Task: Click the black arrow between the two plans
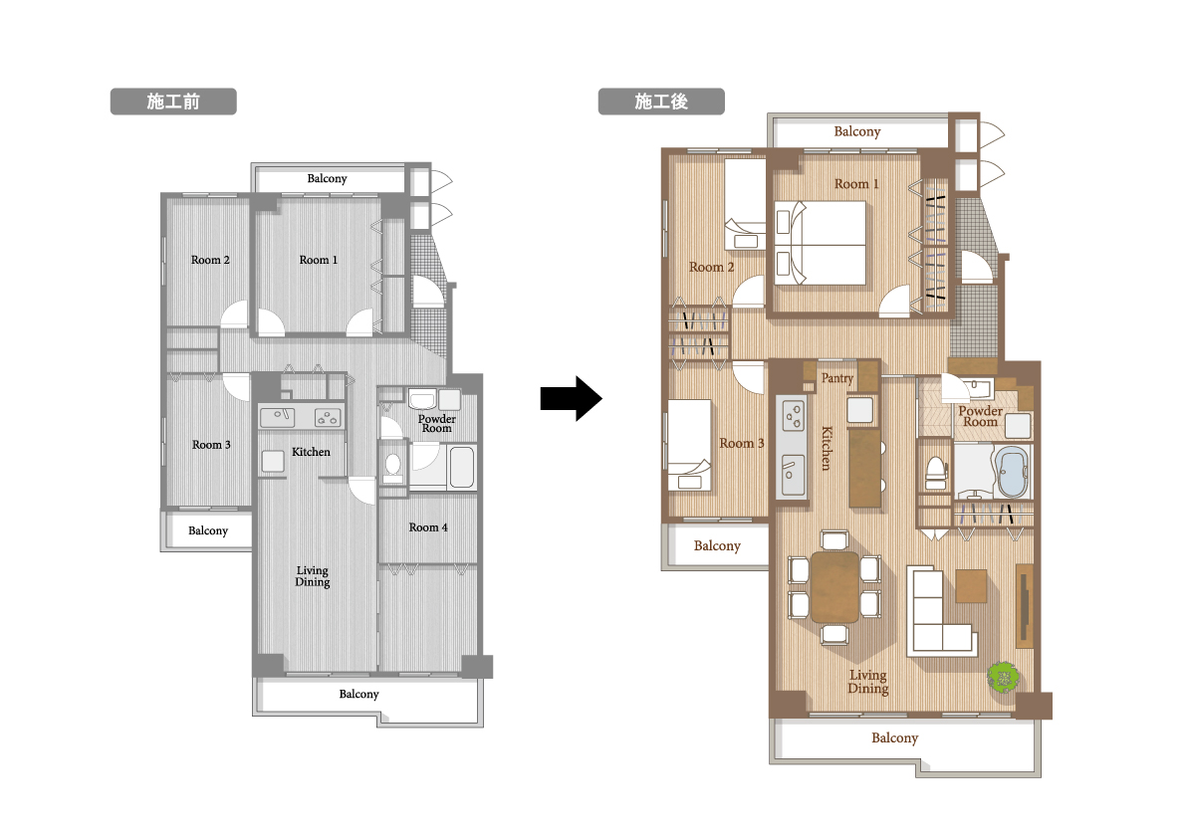point(572,398)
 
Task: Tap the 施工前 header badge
point(173,102)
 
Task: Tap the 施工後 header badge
point(661,102)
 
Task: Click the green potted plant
point(1003,675)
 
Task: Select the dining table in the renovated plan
point(834,587)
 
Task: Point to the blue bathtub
point(1011,472)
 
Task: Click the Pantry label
point(837,378)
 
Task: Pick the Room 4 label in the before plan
point(428,527)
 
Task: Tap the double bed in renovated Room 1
point(820,243)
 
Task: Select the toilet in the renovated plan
point(936,474)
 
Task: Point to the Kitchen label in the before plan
point(311,452)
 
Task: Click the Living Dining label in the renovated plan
point(867,682)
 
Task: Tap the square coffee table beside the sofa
point(971,586)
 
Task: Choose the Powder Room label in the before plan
point(437,423)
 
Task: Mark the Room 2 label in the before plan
point(210,259)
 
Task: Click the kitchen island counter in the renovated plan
point(865,469)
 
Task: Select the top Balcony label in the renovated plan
point(857,130)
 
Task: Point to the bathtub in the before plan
point(462,467)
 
